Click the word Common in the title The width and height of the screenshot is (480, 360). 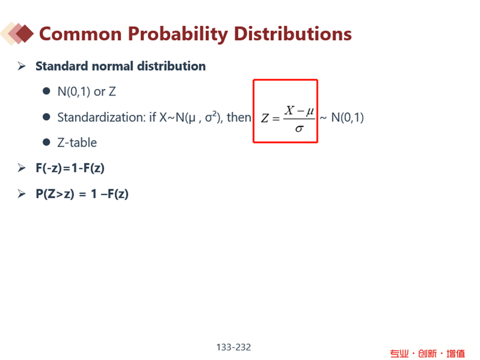(81, 34)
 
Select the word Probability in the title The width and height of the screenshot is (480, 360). (178, 34)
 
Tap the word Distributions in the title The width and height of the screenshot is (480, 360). (293, 34)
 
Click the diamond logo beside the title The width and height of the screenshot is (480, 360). (17, 34)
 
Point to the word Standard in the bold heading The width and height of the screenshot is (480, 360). (62, 66)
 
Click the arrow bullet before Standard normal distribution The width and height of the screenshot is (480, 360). (22, 66)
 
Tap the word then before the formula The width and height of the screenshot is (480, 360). (238, 117)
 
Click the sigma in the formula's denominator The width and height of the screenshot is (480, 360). (299, 129)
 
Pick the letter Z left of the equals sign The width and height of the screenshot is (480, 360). (265, 118)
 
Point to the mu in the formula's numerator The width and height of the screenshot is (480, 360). (310, 111)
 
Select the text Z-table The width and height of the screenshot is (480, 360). (77, 142)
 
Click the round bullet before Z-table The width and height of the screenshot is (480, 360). (46, 142)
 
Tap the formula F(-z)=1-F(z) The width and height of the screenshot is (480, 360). (70, 168)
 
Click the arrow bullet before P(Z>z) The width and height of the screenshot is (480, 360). (22, 194)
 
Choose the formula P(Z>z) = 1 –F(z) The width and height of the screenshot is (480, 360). (82, 194)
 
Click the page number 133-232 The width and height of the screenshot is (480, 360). (234, 347)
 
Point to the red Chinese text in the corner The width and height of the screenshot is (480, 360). (427, 353)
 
